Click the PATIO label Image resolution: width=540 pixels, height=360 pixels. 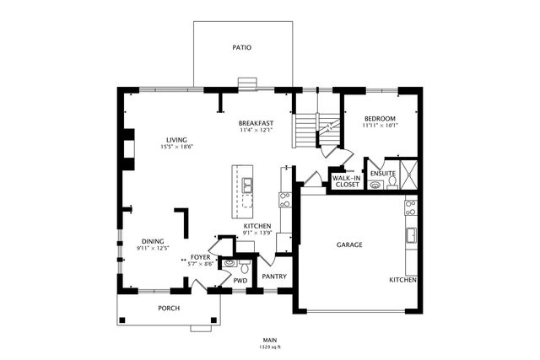coord(242,48)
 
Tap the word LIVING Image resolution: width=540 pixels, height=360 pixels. coord(176,140)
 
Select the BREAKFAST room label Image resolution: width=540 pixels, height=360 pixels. coord(256,123)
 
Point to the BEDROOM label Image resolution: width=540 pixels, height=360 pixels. coord(380,118)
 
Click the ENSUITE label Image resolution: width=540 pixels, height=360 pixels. coord(383,174)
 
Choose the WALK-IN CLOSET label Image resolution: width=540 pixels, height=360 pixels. coord(345,180)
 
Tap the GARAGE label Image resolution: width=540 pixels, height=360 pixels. coord(349,244)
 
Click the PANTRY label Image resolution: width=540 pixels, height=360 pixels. coord(274,277)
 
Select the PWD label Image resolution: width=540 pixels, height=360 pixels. coord(240,281)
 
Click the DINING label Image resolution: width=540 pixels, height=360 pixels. coord(153,240)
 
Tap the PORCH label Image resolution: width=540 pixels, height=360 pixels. coord(169,308)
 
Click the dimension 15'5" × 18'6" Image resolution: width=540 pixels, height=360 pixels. coord(176,148)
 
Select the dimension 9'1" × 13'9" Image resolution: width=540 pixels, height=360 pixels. coord(256,234)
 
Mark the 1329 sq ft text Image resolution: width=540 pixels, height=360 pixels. coord(270,347)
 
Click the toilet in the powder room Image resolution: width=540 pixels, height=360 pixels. coord(244,264)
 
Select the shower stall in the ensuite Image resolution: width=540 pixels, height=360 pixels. coord(409,175)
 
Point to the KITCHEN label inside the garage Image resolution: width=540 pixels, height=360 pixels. coord(402,279)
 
